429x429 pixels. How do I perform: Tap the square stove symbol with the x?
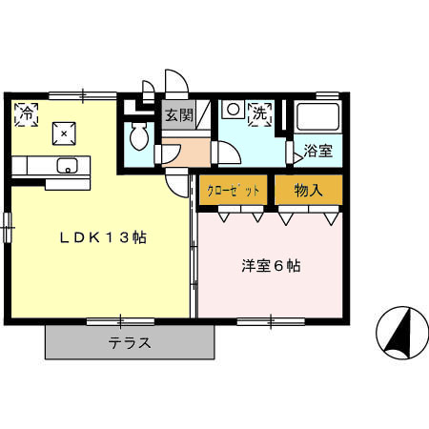(x=65, y=133)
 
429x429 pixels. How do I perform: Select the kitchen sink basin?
(x=66, y=167)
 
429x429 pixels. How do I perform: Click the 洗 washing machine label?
(x=259, y=113)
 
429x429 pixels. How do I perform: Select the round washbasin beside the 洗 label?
(x=232, y=110)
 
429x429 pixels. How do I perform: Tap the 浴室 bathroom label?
(x=317, y=150)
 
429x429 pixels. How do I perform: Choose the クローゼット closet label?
(x=235, y=190)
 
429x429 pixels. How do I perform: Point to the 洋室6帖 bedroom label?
(x=271, y=266)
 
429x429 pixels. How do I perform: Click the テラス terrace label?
(x=130, y=343)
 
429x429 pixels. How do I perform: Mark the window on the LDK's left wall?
(x=7, y=227)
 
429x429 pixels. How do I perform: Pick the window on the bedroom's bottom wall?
(x=271, y=319)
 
